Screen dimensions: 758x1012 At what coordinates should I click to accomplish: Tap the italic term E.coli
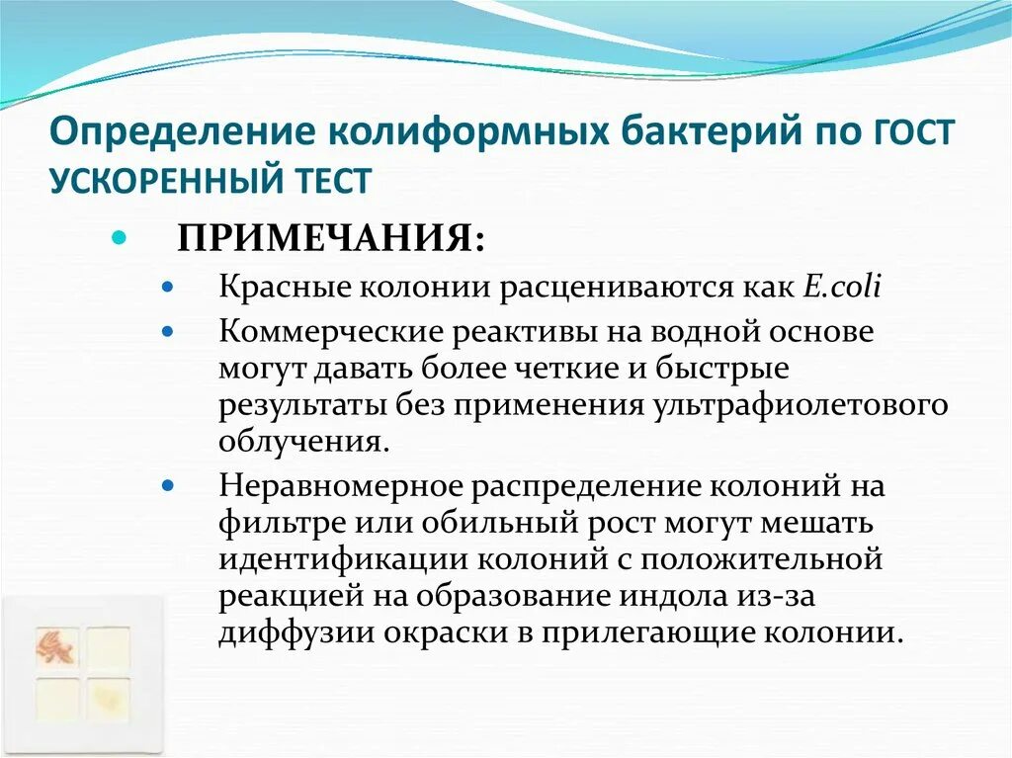841,288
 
